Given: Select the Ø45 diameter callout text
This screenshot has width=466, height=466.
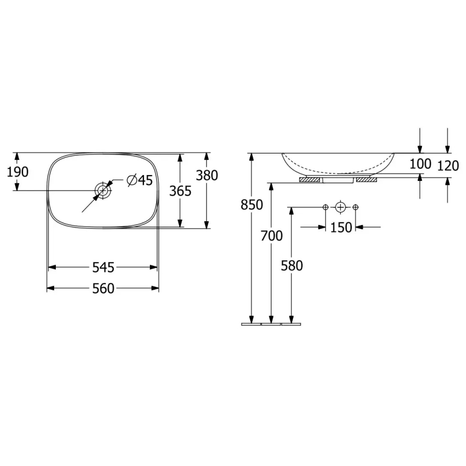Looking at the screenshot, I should coord(140,180).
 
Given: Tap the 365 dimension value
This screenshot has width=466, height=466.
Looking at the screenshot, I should coord(180,191).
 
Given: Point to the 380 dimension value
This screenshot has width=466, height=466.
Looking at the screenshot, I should coord(207,176).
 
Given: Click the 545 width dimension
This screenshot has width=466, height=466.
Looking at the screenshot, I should coord(103,267).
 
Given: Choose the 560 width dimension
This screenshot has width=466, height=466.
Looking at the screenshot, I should coord(103,289).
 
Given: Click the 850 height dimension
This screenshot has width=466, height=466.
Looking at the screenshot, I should coord(252,205).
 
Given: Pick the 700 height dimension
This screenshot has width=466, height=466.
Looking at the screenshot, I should coord(272,236).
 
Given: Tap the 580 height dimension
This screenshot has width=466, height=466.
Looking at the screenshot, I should coord(292,265).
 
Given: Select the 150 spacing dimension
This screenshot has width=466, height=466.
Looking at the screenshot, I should coord(341,227).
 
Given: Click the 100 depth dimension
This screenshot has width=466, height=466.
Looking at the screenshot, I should coord(420,164).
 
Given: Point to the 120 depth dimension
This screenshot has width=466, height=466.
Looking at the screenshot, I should coord(448,166).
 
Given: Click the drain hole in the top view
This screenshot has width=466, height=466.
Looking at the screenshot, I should coord(103,190).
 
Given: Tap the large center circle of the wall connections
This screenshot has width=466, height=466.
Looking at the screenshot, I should coord(340,207).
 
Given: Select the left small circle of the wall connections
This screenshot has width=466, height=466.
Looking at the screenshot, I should coord(325,207).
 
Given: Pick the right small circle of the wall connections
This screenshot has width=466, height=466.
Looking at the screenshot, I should coord(355,207).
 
